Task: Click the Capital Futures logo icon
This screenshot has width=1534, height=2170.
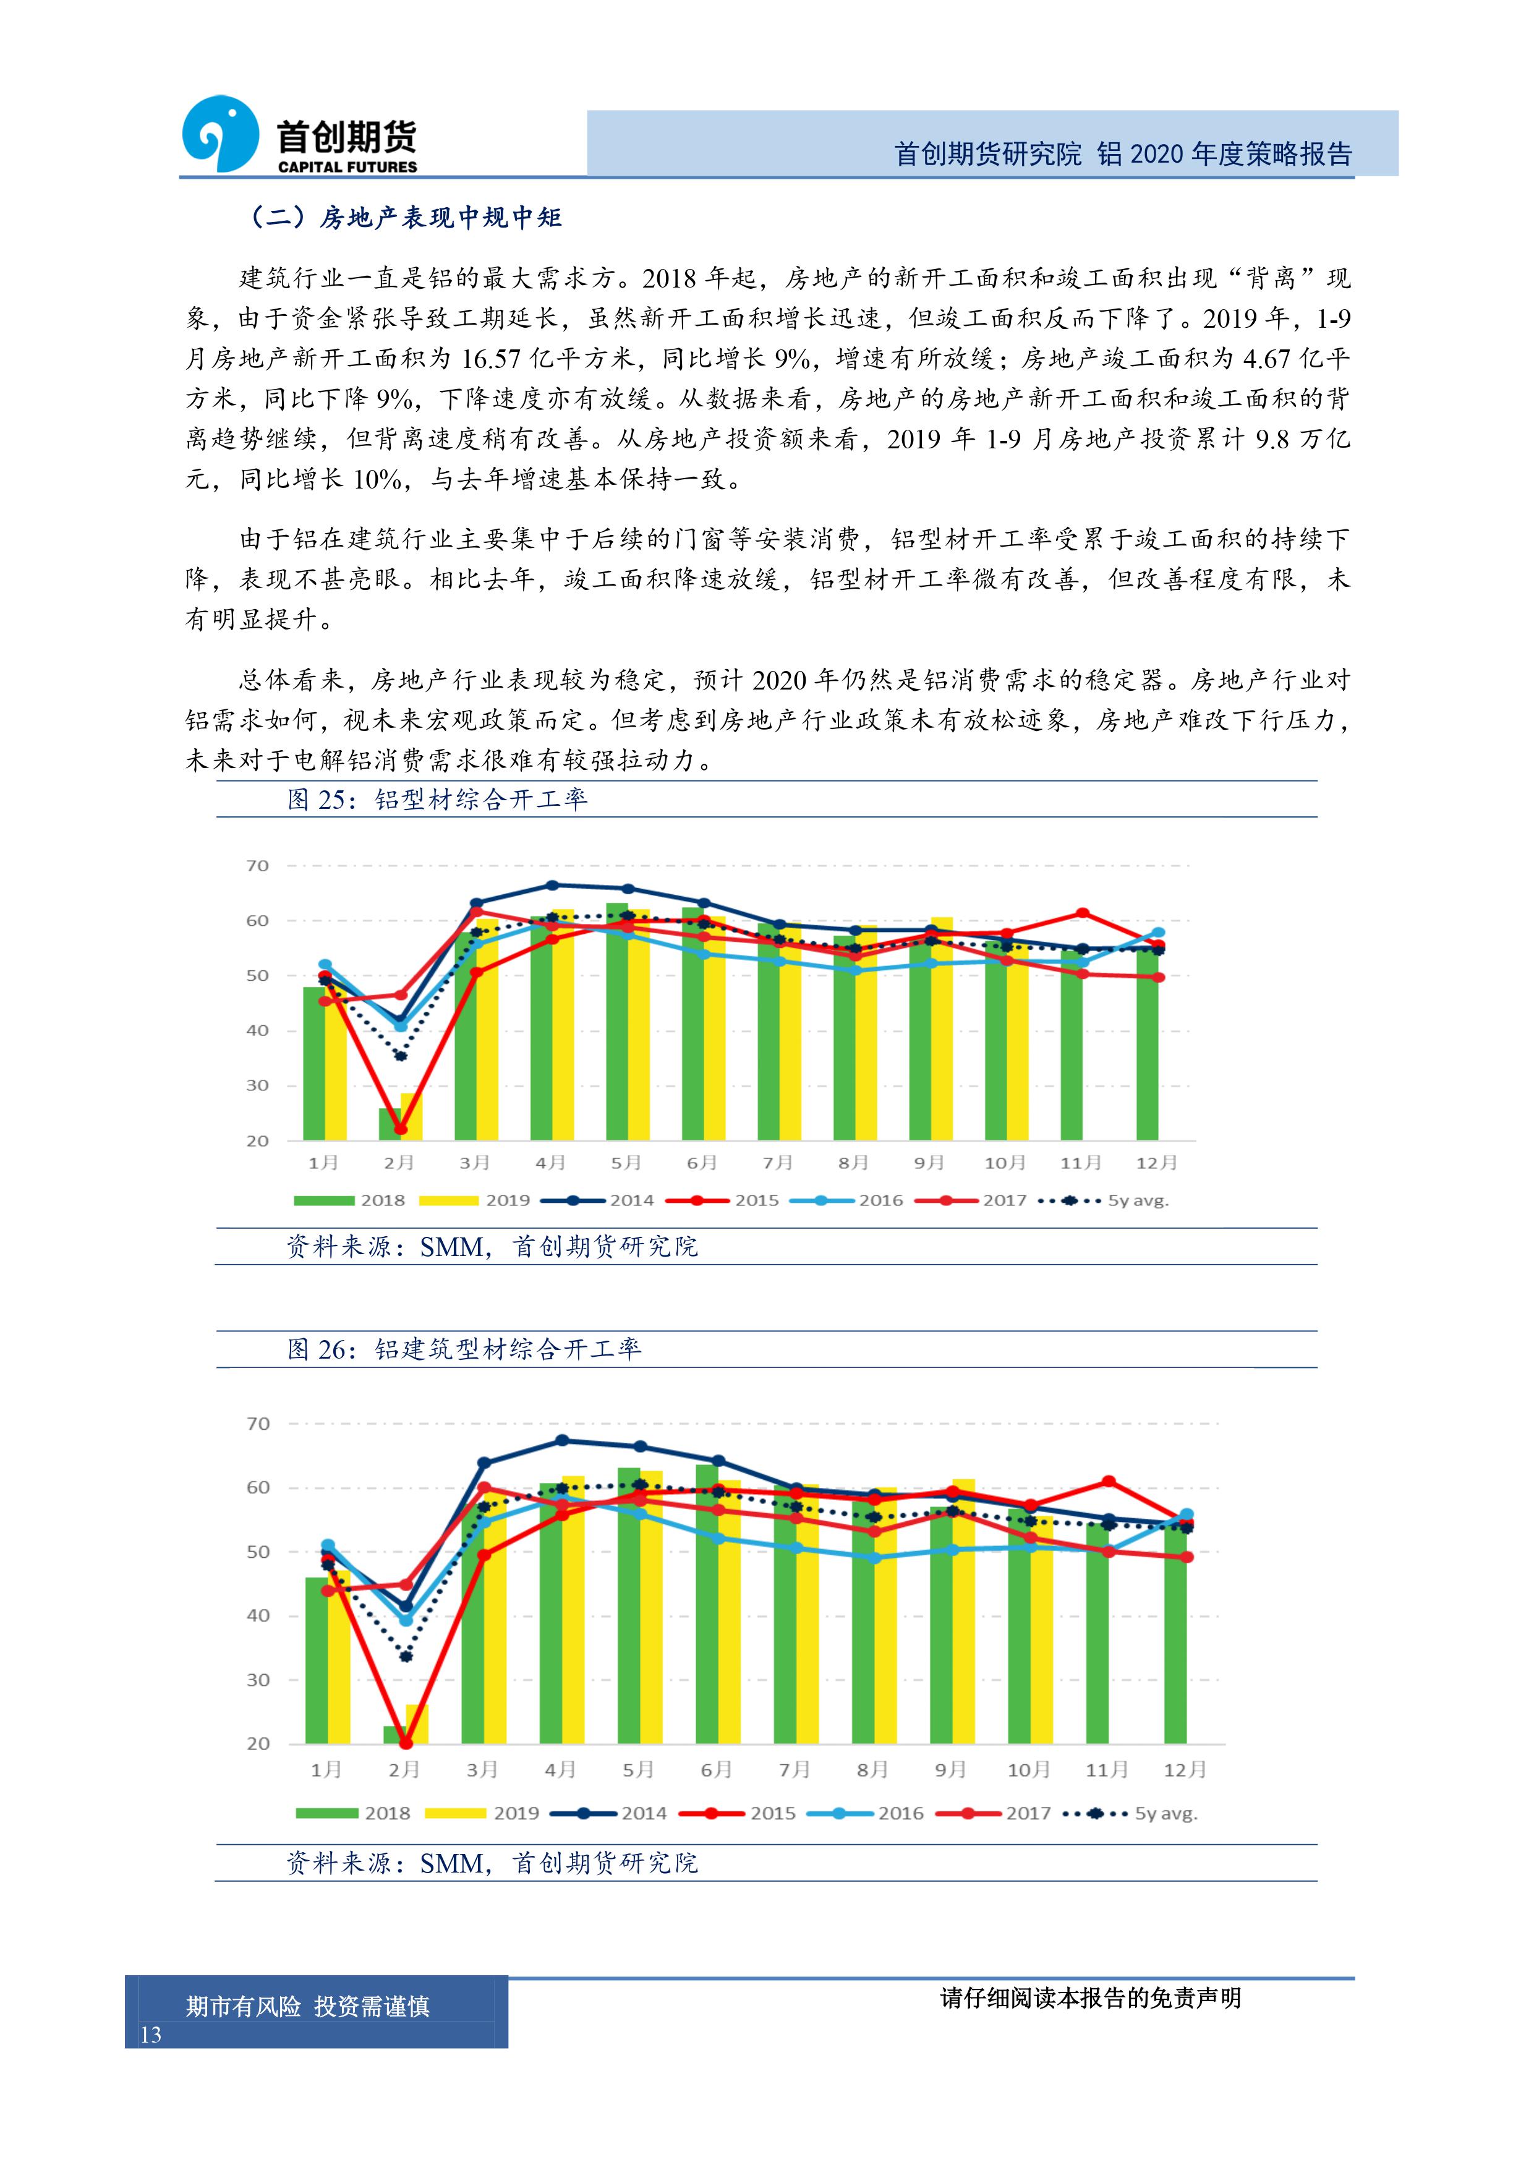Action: [x=219, y=134]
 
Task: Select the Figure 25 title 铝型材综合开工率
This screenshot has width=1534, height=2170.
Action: [x=480, y=800]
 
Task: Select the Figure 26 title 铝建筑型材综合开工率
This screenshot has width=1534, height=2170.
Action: [x=508, y=1349]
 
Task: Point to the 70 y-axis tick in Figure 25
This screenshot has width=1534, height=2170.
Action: [x=257, y=866]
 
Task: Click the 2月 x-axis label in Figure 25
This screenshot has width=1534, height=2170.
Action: [x=399, y=1163]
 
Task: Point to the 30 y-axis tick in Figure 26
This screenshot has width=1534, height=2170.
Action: [x=258, y=1680]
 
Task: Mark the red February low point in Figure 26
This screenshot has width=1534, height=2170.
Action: [x=406, y=1743]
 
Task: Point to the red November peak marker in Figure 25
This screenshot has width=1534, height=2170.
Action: [x=1083, y=913]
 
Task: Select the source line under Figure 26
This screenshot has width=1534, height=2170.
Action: [x=492, y=1863]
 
